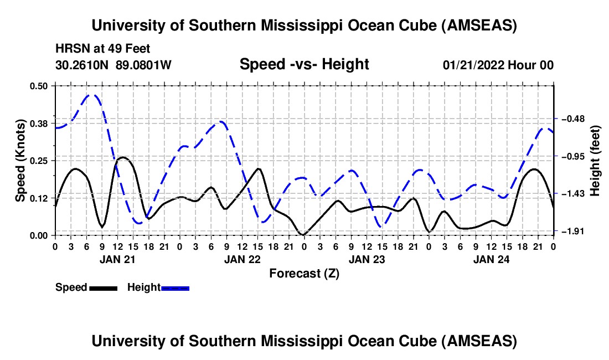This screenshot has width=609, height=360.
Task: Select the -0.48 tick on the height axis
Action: coord(572,119)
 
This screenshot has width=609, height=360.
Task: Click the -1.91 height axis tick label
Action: coord(572,231)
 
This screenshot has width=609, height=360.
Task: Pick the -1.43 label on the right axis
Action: coord(572,194)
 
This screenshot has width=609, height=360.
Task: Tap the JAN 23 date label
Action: coord(367,259)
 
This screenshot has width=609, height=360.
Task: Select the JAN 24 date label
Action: coord(491,259)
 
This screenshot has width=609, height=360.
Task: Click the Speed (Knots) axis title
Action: coord(20,160)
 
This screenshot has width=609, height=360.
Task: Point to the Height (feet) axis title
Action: coord(596,161)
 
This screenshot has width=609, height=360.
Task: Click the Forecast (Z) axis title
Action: coord(304,273)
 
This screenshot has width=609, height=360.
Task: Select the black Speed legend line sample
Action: coord(103,287)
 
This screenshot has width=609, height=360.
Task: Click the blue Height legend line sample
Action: coord(175,287)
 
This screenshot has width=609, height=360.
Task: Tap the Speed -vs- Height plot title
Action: coord(304,64)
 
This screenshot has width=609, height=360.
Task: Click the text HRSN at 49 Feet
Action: coord(102,49)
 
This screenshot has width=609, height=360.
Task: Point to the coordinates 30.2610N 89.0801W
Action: coord(113,65)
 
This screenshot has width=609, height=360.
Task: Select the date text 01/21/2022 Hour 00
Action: coord(498,65)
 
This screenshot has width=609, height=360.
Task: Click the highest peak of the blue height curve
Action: coord(92,95)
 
